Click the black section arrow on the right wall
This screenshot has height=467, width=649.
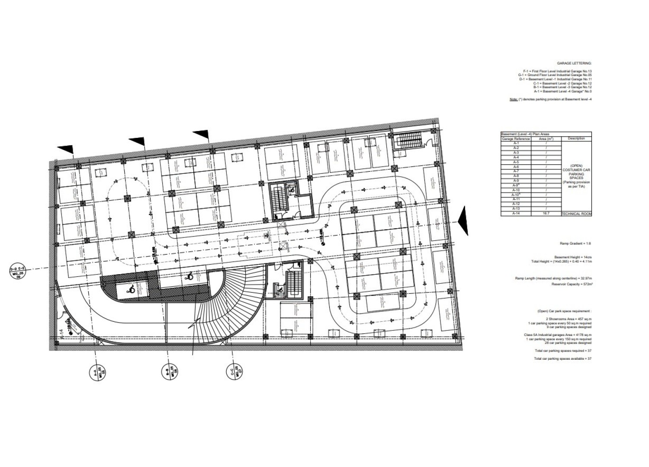click(x=463, y=221)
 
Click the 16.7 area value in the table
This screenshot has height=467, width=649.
click(x=546, y=214)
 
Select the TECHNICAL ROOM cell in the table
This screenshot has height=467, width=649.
click(x=576, y=214)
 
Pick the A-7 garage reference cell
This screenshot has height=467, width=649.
click(x=516, y=171)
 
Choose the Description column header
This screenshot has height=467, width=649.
click(x=576, y=139)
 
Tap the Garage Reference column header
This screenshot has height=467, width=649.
click(x=516, y=139)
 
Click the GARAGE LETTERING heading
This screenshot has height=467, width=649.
click(x=574, y=63)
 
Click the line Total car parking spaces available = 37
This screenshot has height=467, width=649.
click(x=563, y=358)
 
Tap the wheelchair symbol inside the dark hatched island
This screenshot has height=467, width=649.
click(x=130, y=289)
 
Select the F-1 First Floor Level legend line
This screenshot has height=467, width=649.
click(x=557, y=71)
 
